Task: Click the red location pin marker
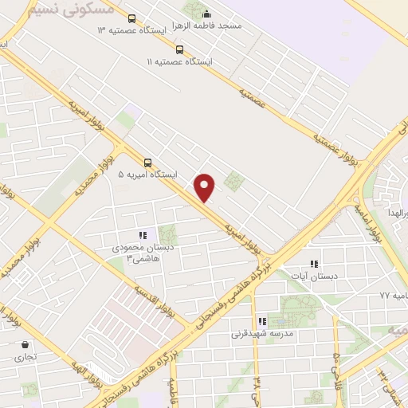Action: click(x=206, y=186)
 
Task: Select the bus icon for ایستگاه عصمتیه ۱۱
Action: click(x=179, y=49)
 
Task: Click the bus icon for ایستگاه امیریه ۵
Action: click(x=147, y=163)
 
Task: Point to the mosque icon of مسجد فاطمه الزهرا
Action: click(x=206, y=14)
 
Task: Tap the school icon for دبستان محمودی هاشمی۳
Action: click(x=143, y=235)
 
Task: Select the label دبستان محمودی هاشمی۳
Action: click(x=140, y=253)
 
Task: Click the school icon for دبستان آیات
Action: click(x=314, y=264)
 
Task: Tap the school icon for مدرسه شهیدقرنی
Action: click(x=262, y=321)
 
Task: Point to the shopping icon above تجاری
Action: click(x=27, y=345)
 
